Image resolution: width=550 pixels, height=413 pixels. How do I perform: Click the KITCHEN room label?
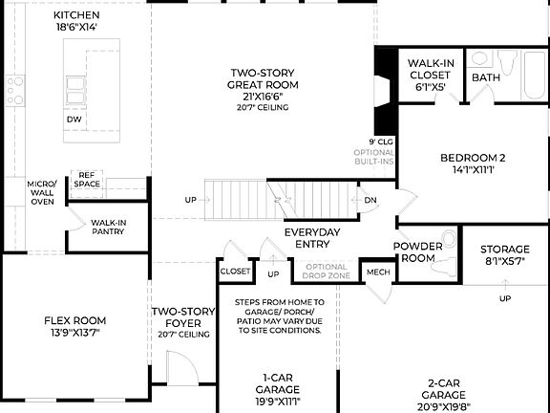click(x=76, y=16)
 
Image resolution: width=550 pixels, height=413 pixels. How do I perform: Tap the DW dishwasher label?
click(x=74, y=120)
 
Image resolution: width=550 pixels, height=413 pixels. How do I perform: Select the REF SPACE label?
click(x=88, y=179)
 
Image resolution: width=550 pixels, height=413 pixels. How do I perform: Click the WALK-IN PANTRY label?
click(x=108, y=228)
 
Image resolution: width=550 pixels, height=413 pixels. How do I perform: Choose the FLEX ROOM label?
click(x=75, y=321)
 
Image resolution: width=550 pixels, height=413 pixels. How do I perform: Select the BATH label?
click(x=486, y=77)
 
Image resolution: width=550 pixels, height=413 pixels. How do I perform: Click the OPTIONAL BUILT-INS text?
click(x=374, y=157)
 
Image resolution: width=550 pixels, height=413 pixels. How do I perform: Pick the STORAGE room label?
click(x=504, y=249)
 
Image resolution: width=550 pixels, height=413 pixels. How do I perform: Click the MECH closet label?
click(x=378, y=272)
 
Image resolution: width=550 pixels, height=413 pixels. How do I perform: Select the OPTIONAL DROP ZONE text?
click(x=327, y=272)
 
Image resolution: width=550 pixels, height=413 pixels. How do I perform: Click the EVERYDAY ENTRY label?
click(x=312, y=239)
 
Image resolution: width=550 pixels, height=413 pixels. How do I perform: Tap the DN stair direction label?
click(x=370, y=200)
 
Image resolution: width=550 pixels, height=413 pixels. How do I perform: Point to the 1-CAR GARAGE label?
click(x=278, y=383)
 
